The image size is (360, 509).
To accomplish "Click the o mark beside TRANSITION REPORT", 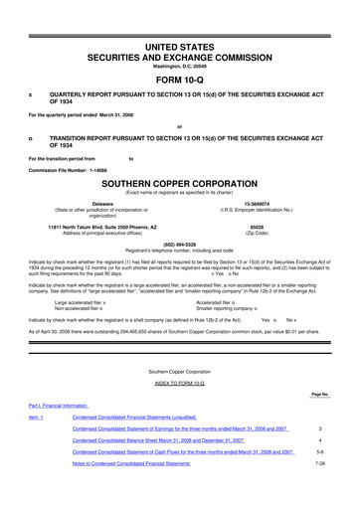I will point(32,138).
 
